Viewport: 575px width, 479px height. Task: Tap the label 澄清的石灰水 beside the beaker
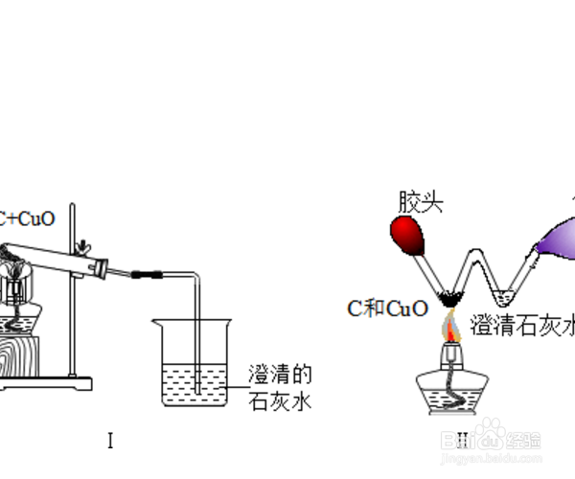click(280, 387)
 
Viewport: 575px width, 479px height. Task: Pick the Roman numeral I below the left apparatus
click(111, 442)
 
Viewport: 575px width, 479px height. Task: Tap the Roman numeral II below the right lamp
click(462, 440)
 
